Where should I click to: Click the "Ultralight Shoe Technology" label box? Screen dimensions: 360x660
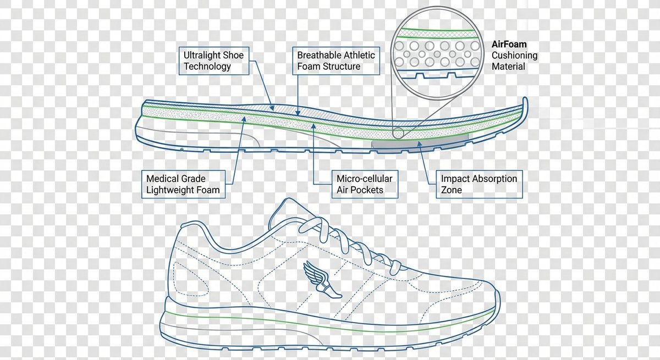point(215,60)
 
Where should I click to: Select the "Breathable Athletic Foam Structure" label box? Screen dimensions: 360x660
point(336,60)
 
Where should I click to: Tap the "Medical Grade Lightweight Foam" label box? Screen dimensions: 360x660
point(183,184)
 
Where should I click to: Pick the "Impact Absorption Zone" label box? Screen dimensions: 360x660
point(479,184)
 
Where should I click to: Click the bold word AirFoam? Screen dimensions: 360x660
point(509,44)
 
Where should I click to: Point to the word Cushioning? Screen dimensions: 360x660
point(514,55)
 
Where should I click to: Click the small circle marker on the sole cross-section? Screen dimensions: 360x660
point(398,132)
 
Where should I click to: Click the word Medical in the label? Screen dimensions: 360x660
point(164,179)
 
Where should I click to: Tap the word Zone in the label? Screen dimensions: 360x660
point(452,190)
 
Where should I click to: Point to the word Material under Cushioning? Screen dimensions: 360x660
point(508,67)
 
